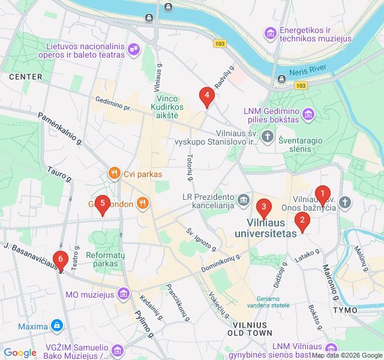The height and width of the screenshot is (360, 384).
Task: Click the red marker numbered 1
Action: point(322,194)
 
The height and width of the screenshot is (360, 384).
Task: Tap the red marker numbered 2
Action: point(302,220)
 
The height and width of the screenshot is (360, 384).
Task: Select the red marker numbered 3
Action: point(263,207)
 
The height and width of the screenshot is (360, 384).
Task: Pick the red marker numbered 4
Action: point(206,95)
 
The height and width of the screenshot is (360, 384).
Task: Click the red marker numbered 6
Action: point(59,260)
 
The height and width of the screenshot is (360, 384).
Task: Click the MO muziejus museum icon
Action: point(124,294)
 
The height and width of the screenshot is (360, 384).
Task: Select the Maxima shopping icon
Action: point(57,326)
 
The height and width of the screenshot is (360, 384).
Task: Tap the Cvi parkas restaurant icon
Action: point(114,174)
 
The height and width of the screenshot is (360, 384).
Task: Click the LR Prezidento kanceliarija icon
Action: point(243,200)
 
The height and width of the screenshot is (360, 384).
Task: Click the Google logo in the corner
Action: point(20,353)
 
